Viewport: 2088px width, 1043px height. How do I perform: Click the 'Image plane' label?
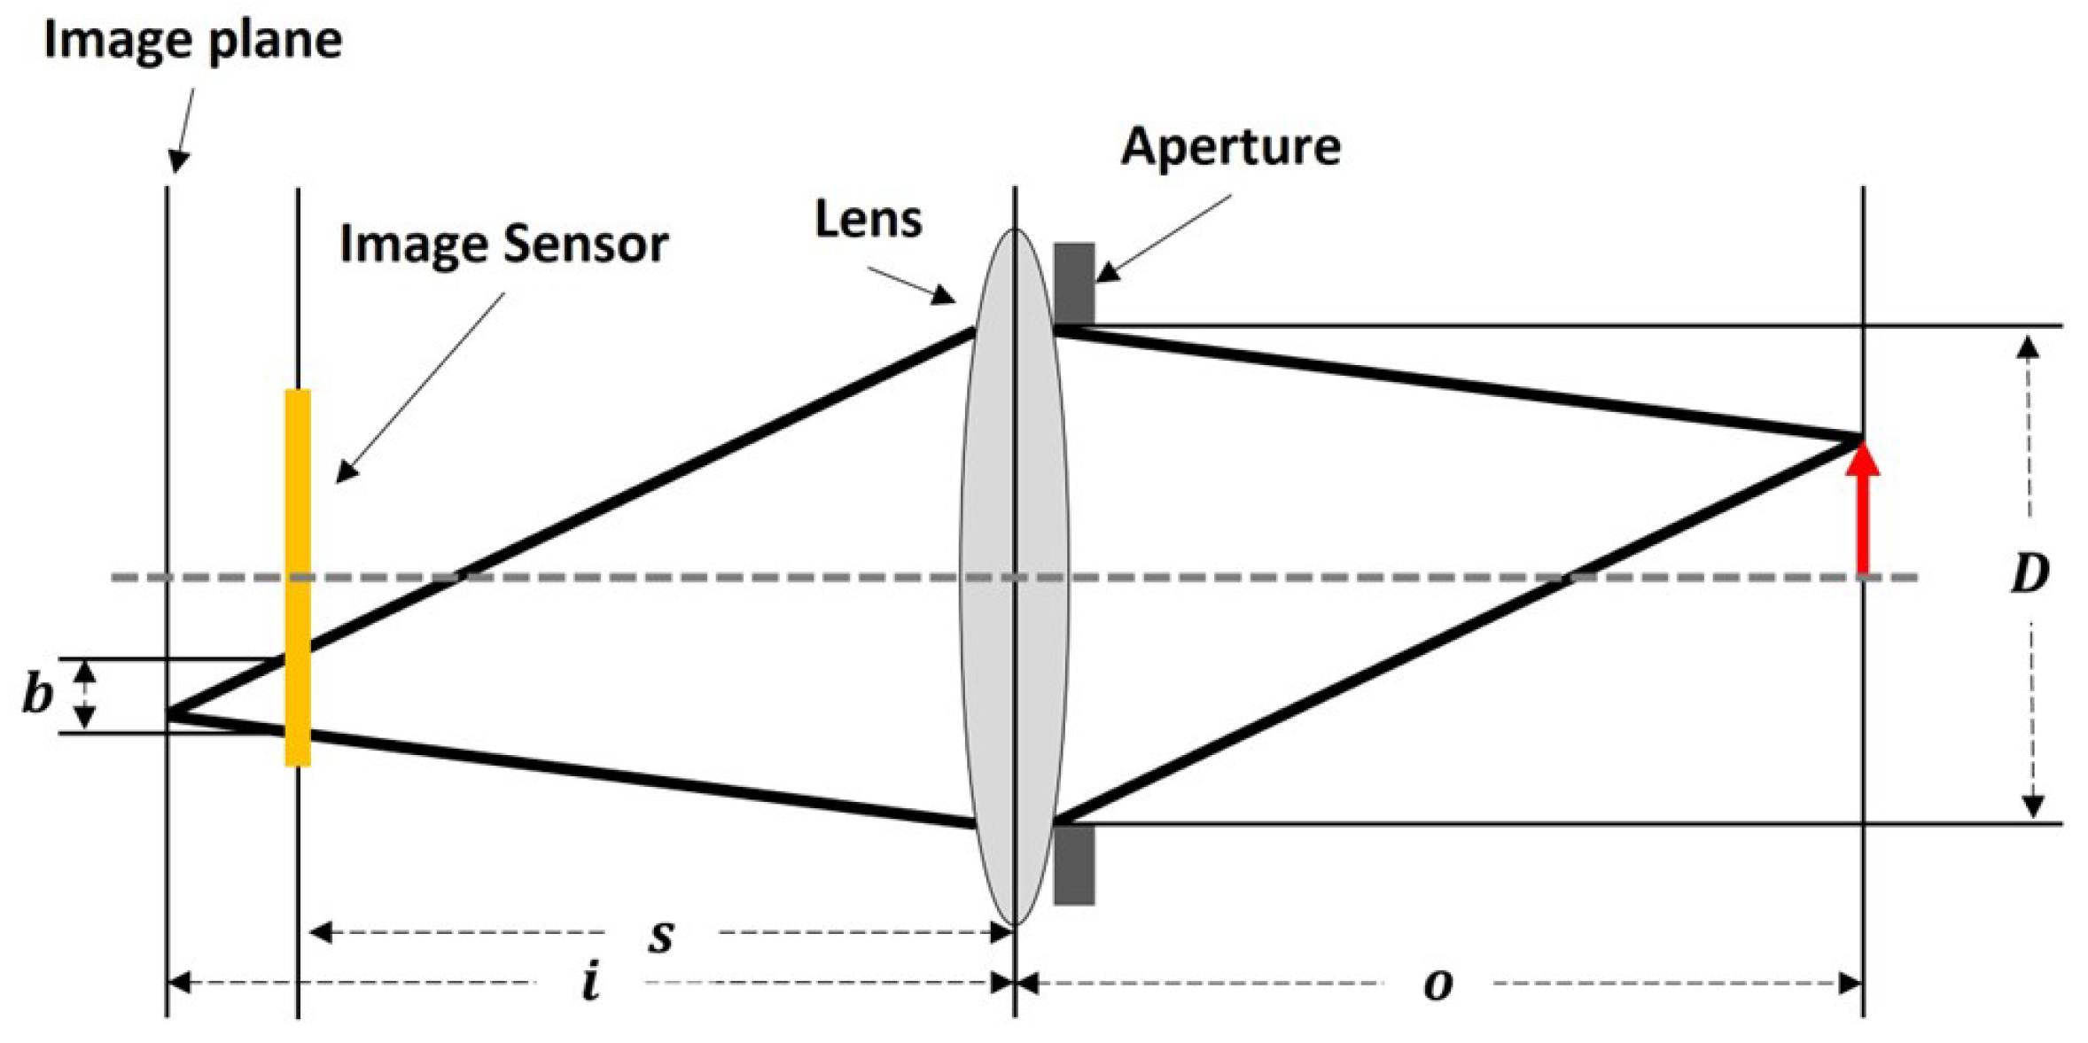coord(192,41)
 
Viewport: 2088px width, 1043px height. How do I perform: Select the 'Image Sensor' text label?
coord(503,244)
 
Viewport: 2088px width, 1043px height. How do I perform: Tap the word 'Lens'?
coord(868,220)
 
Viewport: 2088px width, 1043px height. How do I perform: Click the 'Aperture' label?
coord(1230,147)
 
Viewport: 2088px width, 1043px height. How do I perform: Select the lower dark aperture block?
coord(1073,864)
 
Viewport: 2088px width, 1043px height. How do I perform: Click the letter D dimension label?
coord(2030,573)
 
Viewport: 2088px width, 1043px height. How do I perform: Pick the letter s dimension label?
coord(661,935)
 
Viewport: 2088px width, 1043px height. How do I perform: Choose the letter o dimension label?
coord(1437,984)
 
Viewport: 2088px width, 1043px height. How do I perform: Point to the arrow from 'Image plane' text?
coord(183,128)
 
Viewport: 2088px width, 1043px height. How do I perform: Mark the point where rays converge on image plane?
coord(168,713)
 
